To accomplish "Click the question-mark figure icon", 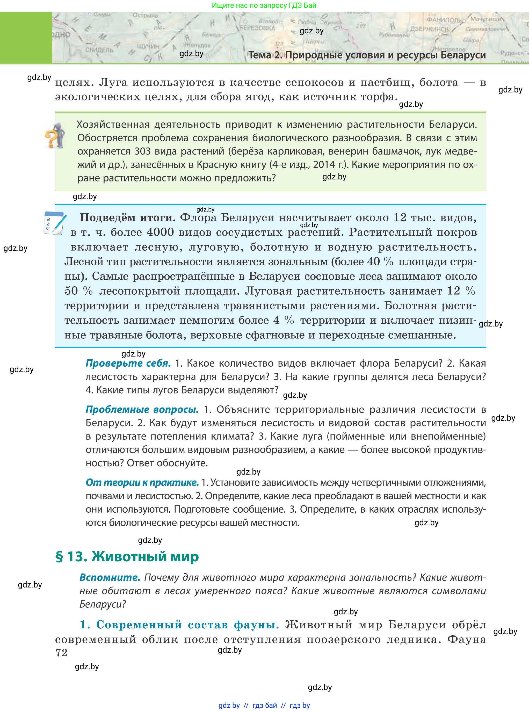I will tap(55, 136).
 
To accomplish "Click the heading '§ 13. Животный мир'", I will tap(127, 557).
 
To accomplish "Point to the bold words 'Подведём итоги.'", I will tap(127, 218).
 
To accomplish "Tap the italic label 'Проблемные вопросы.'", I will tap(142, 409).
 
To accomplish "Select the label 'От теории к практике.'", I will tap(142, 482).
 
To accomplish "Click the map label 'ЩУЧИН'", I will tap(148, 46).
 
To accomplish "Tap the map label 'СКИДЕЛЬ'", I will tap(99, 50).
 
